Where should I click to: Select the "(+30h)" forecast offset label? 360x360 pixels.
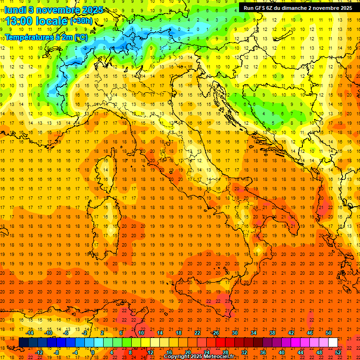81,21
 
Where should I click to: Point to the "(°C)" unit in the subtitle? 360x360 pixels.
81,37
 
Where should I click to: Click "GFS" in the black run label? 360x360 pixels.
261,8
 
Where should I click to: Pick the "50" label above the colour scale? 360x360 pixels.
329,333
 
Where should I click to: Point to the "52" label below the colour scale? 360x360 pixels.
338,352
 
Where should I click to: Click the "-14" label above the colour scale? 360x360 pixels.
29,333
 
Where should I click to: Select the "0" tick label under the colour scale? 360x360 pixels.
93,352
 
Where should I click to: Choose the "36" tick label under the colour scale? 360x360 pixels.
262,352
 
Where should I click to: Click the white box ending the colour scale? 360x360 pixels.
333,343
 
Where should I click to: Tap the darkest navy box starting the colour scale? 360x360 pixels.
23,343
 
